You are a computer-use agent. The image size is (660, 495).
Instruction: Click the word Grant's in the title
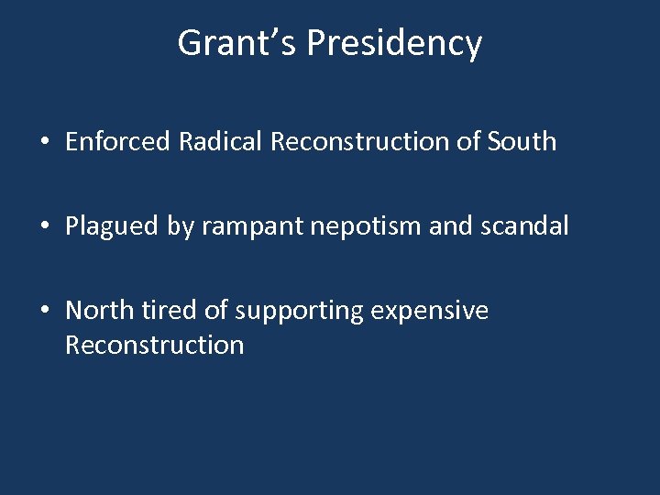(237, 43)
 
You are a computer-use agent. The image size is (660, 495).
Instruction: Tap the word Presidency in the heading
(394, 44)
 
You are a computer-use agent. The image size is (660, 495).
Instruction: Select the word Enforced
(118, 141)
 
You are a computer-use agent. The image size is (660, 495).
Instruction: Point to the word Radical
(220, 141)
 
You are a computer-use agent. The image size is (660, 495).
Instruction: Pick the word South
(522, 141)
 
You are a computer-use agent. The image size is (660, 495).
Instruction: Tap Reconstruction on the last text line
(155, 346)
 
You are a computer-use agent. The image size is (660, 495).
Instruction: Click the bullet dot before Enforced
(43, 142)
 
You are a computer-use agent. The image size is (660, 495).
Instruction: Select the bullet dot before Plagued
(43, 227)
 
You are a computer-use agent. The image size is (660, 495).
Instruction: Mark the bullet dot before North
(43, 312)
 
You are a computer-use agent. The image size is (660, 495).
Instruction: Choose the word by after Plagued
(179, 227)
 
